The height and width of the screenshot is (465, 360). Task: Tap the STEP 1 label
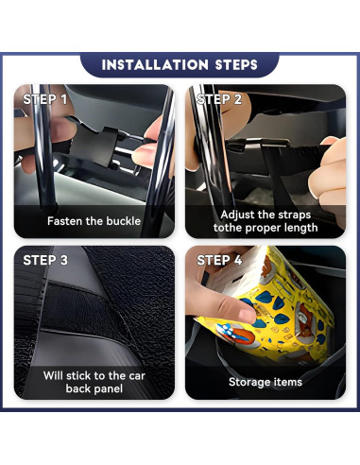point(45,99)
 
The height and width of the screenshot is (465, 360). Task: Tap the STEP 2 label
point(219,99)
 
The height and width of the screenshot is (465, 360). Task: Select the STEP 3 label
point(45,260)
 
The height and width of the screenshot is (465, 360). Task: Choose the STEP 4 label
point(219,260)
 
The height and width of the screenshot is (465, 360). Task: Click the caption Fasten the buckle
point(94,221)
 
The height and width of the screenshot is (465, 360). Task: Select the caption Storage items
point(265,382)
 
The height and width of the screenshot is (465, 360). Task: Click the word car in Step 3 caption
point(135,375)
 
